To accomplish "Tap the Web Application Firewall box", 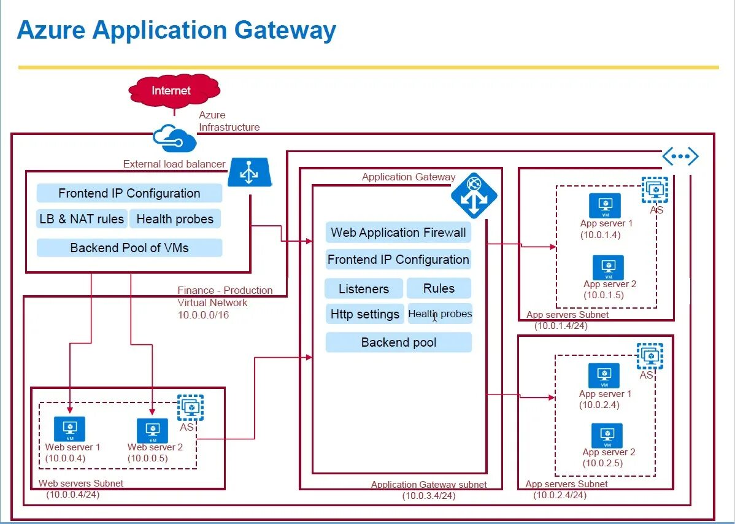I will [398, 233].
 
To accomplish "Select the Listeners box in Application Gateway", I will [364, 288].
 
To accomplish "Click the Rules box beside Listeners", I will [439, 288].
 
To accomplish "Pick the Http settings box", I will [364, 314].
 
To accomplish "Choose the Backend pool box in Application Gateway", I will [398, 342].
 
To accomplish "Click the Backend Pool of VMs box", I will [129, 248].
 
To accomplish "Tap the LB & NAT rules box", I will [82, 219].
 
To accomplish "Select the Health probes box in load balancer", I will [175, 219].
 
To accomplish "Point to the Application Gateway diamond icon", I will [474, 195].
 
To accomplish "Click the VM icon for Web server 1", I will [69, 428].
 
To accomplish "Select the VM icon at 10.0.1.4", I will [605, 206].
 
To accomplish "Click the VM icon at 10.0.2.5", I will [607, 435].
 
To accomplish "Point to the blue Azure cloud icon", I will [175, 138].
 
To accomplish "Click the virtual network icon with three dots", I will [680, 156].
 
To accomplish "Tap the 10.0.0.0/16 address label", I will [203, 315].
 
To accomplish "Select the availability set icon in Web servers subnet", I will [190, 407].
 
